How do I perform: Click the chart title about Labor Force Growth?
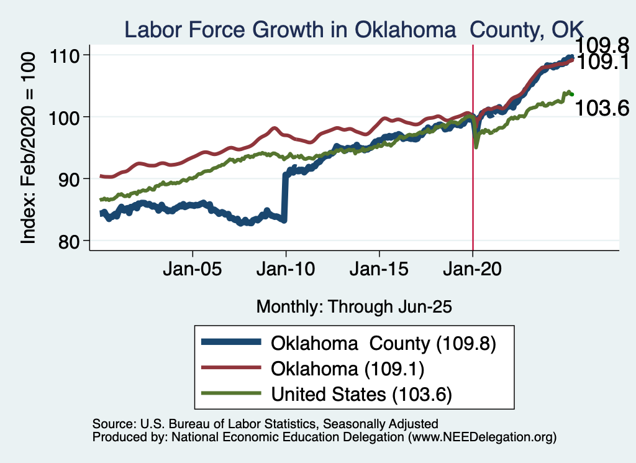click(354, 29)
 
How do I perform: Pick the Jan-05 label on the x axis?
click(193, 271)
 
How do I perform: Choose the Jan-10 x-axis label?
click(286, 271)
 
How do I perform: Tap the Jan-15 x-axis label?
click(379, 271)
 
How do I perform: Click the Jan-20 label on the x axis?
click(473, 271)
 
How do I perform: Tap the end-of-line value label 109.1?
click(602, 62)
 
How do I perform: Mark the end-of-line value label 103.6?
click(602, 108)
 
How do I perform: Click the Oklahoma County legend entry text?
click(383, 343)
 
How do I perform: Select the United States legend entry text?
click(361, 394)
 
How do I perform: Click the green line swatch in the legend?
click(230, 394)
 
